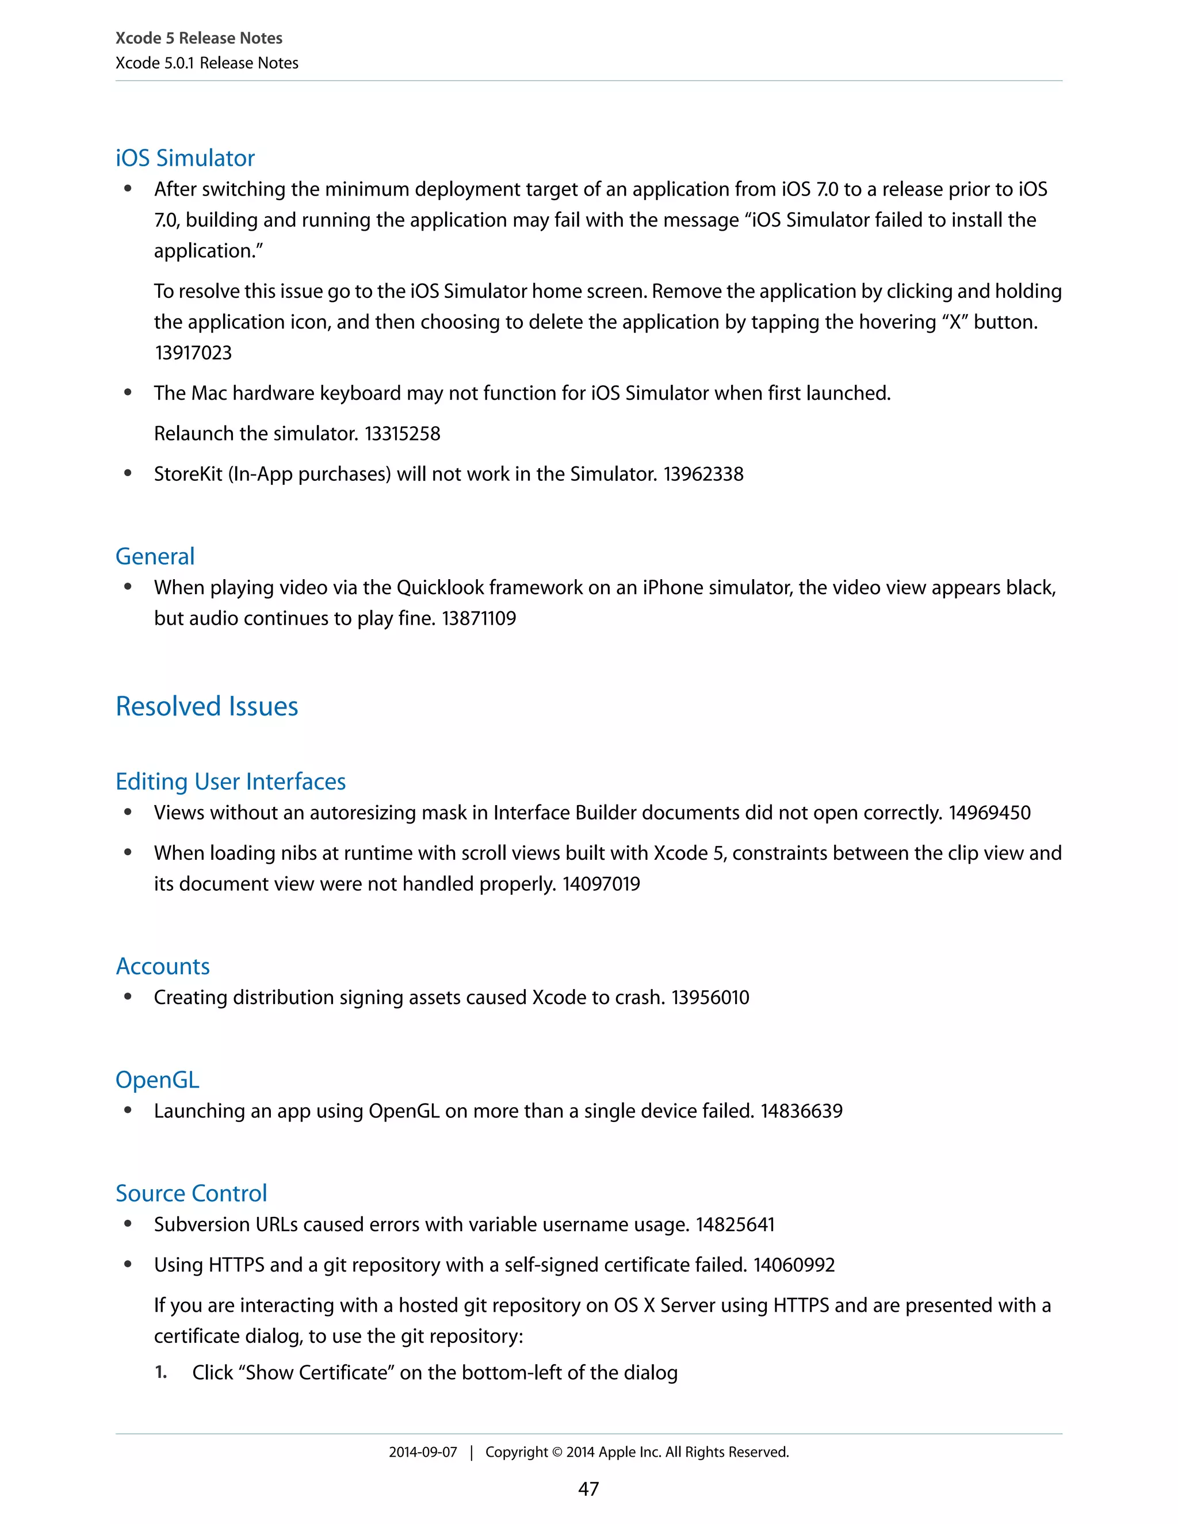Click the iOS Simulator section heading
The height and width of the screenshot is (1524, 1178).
(185, 158)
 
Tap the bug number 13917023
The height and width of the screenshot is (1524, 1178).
(193, 353)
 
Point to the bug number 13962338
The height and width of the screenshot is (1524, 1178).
(703, 474)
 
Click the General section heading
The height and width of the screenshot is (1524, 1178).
(155, 557)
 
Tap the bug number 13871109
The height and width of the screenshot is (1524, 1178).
(479, 619)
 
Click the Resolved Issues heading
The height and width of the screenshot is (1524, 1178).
(206, 707)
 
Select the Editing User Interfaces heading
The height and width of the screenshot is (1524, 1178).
(230, 782)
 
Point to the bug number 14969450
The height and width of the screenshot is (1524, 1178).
(989, 813)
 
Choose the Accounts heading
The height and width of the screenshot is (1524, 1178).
(163, 967)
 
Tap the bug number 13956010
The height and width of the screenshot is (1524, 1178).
(710, 998)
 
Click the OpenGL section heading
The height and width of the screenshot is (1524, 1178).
(157, 1080)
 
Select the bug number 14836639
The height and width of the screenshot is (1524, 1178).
(802, 1112)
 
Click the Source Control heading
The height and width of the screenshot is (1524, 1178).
(191, 1194)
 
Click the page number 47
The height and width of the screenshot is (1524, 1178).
(588, 1489)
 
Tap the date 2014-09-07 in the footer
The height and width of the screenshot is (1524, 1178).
(423, 1452)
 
